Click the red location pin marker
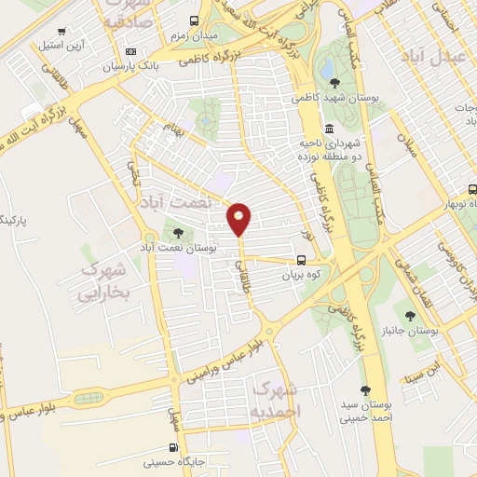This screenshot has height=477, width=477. tap(239, 217)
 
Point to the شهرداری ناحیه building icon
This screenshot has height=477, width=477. tap(329, 129)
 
